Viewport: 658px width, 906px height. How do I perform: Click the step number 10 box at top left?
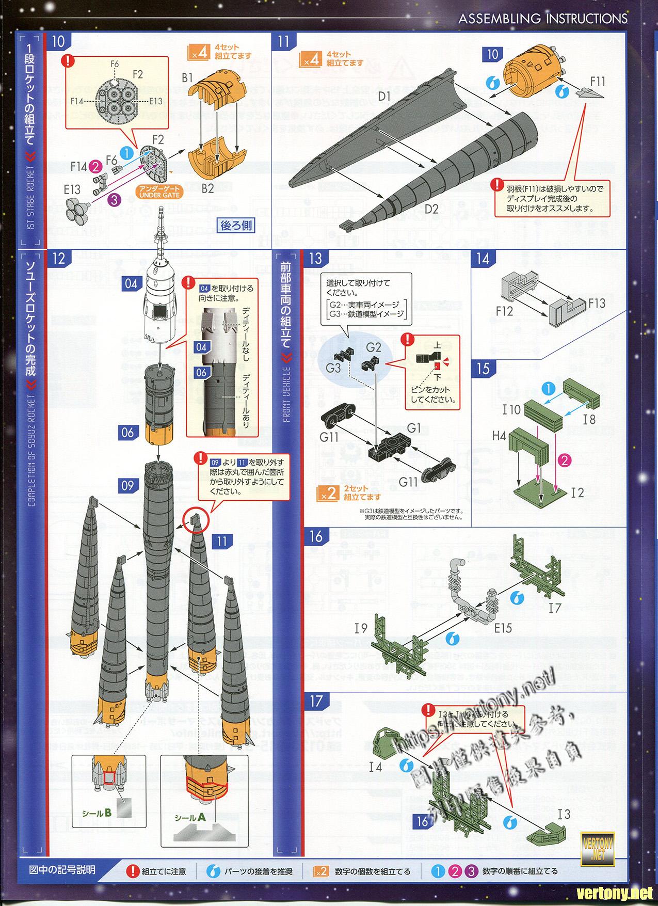[x=59, y=42]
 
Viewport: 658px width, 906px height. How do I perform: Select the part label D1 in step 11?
[x=384, y=96]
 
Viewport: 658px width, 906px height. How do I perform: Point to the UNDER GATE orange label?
[x=158, y=192]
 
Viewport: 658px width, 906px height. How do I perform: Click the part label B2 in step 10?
[x=207, y=188]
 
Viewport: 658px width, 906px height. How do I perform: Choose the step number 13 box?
[x=315, y=258]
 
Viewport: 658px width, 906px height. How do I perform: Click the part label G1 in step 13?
[x=414, y=428]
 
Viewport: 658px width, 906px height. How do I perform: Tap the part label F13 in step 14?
[x=597, y=303]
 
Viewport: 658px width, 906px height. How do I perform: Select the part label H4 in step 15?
[x=499, y=436]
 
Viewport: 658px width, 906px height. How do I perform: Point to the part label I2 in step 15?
[x=577, y=492]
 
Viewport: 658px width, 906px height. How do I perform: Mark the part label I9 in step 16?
[x=361, y=628]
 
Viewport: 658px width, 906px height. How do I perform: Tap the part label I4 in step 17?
[x=376, y=767]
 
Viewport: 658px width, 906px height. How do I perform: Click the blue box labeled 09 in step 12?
[x=128, y=485]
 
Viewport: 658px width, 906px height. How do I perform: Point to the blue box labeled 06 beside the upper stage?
[x=128, y=433]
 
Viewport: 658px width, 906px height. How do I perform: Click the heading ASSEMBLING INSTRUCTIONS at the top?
[x=543, y=19]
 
